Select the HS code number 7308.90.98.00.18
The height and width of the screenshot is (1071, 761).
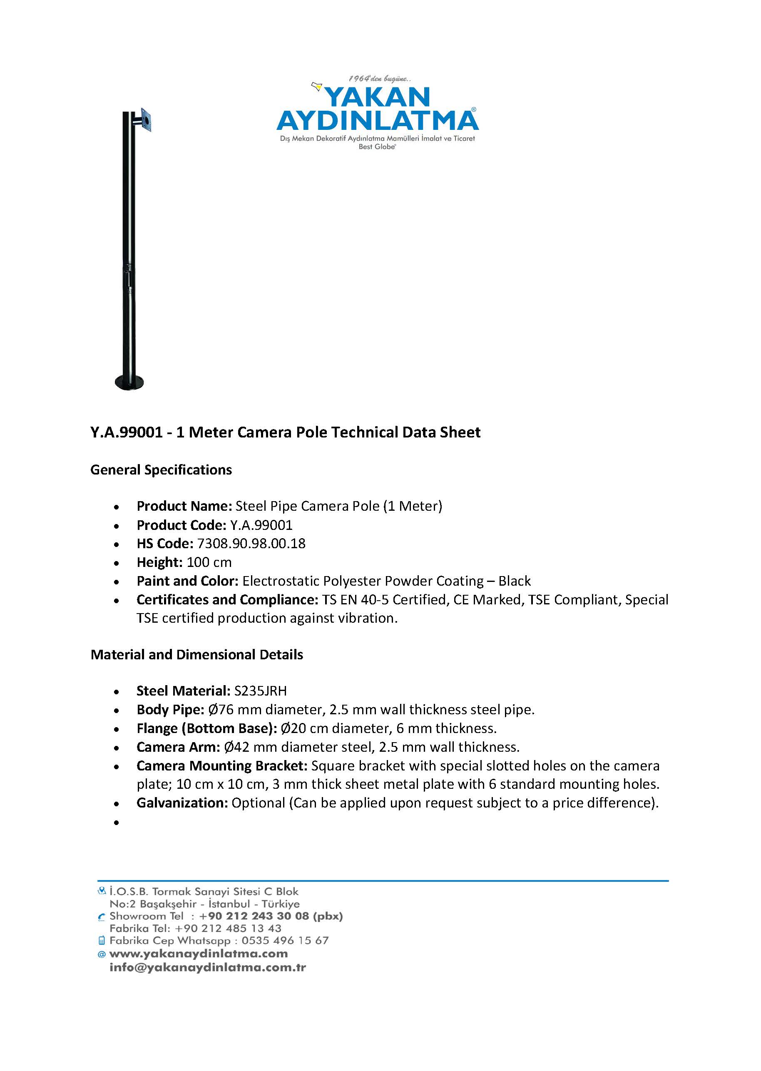pos(251,544)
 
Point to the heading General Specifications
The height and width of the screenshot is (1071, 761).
pos(161,470)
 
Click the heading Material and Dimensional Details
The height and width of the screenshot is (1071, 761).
pos(197,654)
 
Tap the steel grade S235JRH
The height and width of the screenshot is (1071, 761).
pos(260,691)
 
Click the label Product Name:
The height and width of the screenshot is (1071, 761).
pos(184,506)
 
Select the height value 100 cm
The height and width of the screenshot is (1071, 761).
pos(209,562)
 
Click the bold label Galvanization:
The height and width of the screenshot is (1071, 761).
pos(182,803)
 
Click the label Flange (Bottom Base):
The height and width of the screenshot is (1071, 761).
pos(206,728)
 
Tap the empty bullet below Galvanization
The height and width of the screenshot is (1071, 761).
pos(116,822)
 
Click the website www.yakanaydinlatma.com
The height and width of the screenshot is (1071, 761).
pos(198,953)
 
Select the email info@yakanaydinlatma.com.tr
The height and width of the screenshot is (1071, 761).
pos(208,967)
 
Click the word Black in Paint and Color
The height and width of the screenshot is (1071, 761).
pos(515,581)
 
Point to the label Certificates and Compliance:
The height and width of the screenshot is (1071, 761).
pos(227,600)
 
